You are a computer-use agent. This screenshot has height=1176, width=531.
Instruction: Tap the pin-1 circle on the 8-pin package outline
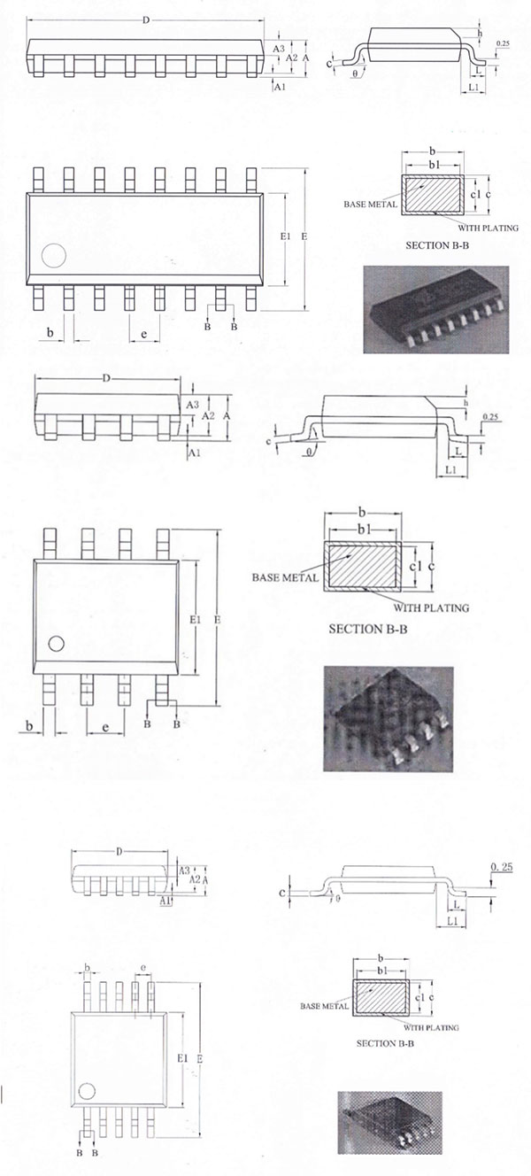click(x=57, y=644)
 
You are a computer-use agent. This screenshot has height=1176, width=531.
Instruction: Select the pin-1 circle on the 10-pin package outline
click(x=87, y=1090)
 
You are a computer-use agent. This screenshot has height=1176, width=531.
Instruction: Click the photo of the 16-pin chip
click(x=436, y=310)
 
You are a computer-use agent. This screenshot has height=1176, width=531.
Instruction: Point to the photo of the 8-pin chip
click(x=388, y=718)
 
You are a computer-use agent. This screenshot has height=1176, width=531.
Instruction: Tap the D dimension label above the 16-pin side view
click(x=146, y=19)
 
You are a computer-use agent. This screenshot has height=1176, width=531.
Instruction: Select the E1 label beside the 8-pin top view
click(x=196, y=620)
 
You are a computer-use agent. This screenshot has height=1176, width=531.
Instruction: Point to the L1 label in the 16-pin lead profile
click(x=473, y=89)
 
